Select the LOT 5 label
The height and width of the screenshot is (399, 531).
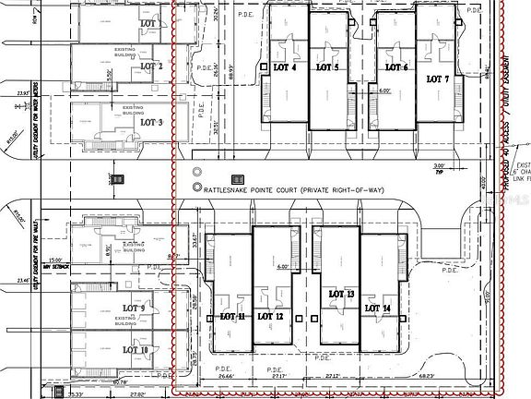(x=327, y=68)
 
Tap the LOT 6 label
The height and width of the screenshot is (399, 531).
(x=395, y=68)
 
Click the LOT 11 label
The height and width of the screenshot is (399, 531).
(x=232, y=316)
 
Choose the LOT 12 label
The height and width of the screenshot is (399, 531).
(x=271, y=316)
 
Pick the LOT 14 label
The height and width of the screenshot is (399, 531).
(x=378, y=308)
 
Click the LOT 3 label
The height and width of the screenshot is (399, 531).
(x=151, y=122)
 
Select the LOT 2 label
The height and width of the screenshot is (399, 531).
(x=152, y=66)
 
